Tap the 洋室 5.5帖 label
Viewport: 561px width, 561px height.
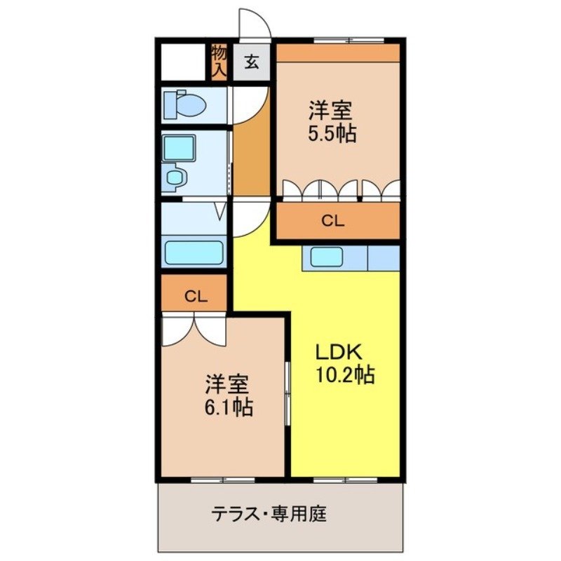[330, 121]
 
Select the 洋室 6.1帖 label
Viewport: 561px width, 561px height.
[229, 396]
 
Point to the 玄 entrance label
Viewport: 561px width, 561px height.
[252, 62]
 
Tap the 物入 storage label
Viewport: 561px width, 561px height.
[219, 61]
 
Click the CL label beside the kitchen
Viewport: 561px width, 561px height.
[333, 221]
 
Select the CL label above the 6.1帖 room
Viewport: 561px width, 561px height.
[195, 296]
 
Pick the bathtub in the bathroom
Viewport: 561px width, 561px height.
[194, 250]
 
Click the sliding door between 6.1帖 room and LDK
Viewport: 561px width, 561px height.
[288, 393]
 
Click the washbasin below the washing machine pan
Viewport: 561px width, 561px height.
[175, 177]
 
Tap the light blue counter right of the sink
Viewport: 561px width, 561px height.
[383, 257]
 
